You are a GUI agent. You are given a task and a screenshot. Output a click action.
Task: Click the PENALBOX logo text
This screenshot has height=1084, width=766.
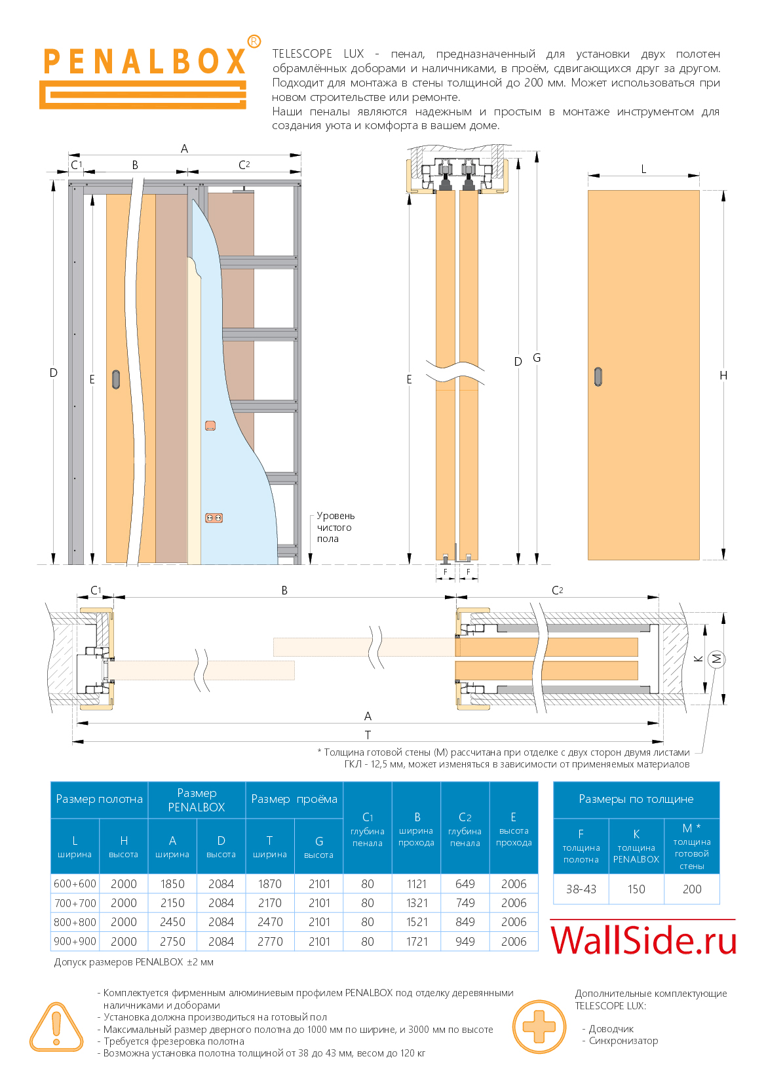[x=144, y=62]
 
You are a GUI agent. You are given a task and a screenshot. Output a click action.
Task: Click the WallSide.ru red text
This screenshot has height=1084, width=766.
[x=643, y=940]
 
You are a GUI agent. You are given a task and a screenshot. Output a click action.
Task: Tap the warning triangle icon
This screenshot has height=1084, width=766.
[x=56, y=1027]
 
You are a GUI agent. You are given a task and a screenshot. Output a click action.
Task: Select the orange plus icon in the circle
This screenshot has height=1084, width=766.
[x=539, y=1026]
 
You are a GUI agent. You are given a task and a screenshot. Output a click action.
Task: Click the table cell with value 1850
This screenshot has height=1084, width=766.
[x=172, y=883]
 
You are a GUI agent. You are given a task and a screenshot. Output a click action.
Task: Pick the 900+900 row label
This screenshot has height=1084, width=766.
[x=75, y=941]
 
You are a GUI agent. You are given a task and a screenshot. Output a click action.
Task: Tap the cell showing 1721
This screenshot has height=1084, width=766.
[x=416, y=941]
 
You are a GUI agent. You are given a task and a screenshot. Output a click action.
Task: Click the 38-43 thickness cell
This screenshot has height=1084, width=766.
[x=581, y=889]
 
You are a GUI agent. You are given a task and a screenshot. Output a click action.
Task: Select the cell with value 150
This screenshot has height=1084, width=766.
[x=636, y=889]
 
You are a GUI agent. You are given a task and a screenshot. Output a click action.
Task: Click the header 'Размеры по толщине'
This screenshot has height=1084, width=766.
[x=636, y=799]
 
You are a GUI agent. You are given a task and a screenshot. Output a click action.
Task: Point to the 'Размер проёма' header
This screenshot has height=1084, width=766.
[x=294, y=799]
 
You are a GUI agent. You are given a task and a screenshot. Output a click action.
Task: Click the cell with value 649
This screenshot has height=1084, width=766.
[x=465, y=883]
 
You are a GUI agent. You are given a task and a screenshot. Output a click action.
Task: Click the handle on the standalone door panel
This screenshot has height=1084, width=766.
[x=598, y=376]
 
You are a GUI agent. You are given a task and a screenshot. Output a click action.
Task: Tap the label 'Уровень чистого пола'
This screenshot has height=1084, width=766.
[x=335, y=527]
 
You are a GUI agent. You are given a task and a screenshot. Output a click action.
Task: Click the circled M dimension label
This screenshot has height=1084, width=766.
[x=716, y=659]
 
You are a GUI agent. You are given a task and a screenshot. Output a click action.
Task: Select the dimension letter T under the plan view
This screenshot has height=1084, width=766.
[x=368, y=735]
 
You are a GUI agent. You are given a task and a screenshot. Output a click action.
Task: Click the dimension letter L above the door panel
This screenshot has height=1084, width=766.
[x=643, y=169]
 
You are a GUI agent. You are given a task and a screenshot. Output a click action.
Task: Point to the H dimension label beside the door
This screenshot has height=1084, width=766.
[x=723, y=376]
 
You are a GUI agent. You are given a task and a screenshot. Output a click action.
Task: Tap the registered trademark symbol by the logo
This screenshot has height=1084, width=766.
[x=254, y=41]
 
